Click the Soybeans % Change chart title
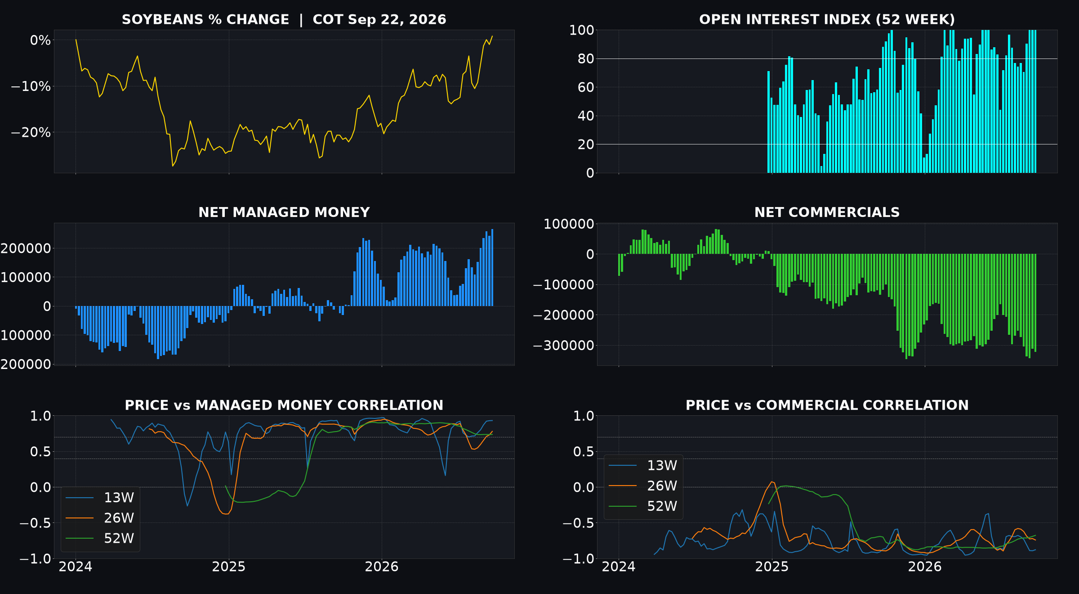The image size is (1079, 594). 284,20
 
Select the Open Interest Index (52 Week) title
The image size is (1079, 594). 827,20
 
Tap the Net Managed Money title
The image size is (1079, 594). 284,212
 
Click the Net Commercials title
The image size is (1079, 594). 827,212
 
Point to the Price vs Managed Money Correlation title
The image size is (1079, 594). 284,405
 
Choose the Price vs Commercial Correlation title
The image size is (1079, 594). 827,405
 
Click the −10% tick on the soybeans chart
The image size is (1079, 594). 31,86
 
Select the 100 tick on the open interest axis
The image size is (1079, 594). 582,30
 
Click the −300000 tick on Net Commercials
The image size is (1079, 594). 563,346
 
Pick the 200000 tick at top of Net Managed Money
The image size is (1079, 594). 26,248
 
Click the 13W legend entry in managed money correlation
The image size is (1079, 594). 100,498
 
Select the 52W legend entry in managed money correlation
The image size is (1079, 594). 100,538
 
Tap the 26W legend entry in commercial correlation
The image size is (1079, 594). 643,486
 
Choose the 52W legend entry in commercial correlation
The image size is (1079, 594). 643,506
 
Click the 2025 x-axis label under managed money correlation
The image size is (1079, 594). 229,567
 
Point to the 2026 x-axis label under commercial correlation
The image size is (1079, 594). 925,567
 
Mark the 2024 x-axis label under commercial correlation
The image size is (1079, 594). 619,567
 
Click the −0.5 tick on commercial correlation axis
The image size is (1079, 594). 578,523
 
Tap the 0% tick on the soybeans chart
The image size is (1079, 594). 40,40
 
